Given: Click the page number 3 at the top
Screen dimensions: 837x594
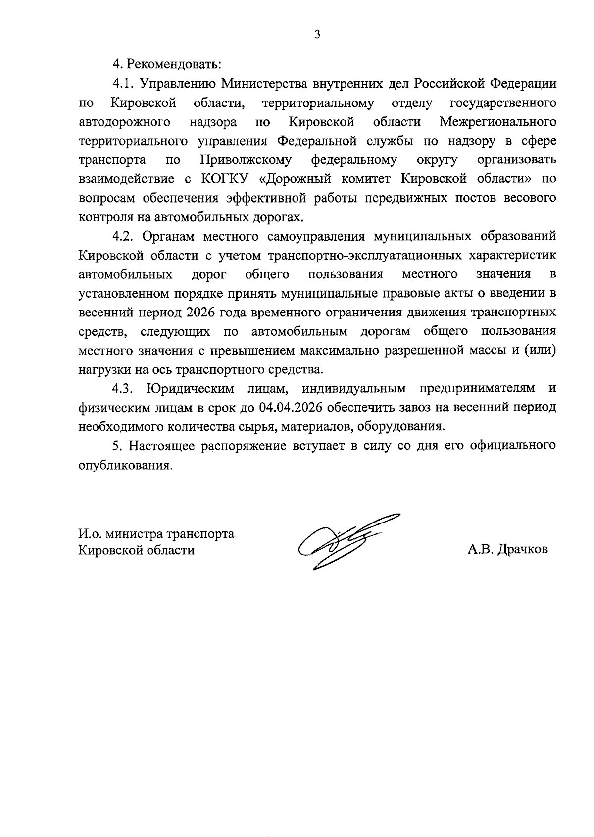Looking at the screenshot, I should (x=317, y=34).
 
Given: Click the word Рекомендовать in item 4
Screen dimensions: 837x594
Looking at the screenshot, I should (x=174, y=64).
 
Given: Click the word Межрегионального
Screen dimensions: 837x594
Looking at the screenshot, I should (x=497, y=122).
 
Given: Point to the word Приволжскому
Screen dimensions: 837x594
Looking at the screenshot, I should (x=246, y=160).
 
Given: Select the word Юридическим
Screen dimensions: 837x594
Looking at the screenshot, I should (x=191, y=389).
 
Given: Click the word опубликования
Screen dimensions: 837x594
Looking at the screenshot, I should (x=126, y=465).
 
